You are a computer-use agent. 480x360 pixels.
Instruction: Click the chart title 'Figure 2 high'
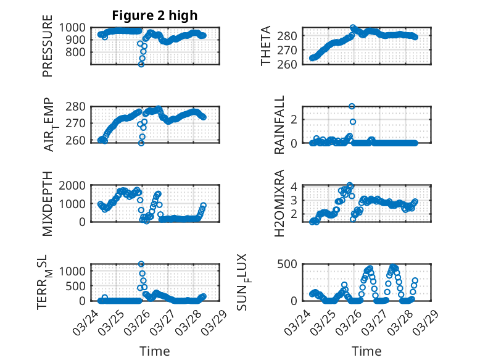[154, 15]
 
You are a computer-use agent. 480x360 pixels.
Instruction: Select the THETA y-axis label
[266, 45]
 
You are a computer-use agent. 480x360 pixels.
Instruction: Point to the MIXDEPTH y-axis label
[48, 203]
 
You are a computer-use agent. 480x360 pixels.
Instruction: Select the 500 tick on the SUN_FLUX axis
[291, 264]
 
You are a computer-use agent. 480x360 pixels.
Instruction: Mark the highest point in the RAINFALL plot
[352, 106]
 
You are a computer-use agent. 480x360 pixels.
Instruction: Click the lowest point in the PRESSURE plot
[141, 64]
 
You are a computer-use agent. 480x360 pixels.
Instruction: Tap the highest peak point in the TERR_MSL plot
[141, 264]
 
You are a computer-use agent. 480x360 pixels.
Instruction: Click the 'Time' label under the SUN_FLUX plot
[366, 351]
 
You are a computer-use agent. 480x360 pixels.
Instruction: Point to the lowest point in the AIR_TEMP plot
[141, 143]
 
